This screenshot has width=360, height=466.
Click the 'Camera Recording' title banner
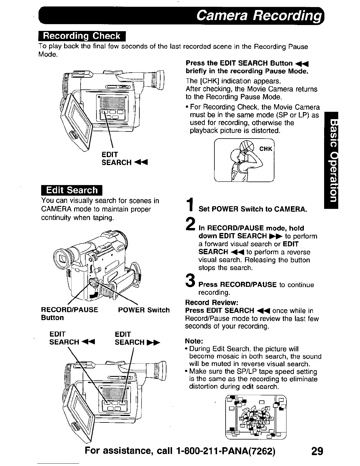[x=258, y=15]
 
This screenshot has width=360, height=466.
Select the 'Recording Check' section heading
[x=82, y=36]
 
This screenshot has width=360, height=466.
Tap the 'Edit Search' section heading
[x=72, y=190]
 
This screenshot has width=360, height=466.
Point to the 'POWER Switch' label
[x=144, y=310]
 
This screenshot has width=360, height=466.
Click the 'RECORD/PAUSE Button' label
[x=69, y=314]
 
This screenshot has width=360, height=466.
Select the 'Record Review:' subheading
[x=211, y=303]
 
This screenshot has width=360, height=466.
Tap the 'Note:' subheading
[x=194, y=341]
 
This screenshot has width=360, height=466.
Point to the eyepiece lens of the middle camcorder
[x=63, y=259]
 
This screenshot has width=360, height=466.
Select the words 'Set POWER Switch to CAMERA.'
[x=253, y=209]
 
